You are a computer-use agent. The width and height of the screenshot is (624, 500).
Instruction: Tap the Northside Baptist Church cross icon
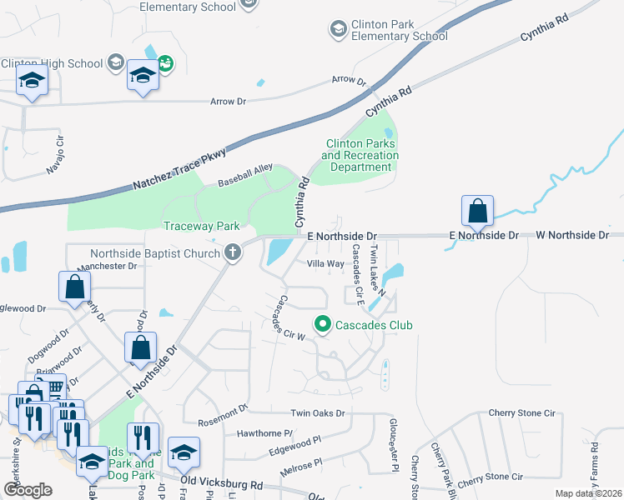(233, 252)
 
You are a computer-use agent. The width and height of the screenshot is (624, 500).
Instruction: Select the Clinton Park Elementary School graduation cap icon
(338, 30)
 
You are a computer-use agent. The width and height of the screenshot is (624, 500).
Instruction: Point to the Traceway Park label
(201, 226)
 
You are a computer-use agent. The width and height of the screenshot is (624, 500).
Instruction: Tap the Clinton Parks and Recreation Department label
(360, 155)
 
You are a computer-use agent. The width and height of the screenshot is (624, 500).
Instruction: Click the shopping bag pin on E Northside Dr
(477, 212)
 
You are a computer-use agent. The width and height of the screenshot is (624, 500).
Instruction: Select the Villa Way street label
(325, 263)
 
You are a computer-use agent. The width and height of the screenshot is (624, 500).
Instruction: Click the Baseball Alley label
(245, 175)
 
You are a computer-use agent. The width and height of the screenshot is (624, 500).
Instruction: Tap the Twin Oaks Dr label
(317, 413)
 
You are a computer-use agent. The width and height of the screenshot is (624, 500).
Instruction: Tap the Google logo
(28, 489)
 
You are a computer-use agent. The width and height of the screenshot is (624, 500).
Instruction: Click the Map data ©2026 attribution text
(587, 493)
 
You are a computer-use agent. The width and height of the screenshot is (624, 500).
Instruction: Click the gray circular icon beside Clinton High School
(115, 63)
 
